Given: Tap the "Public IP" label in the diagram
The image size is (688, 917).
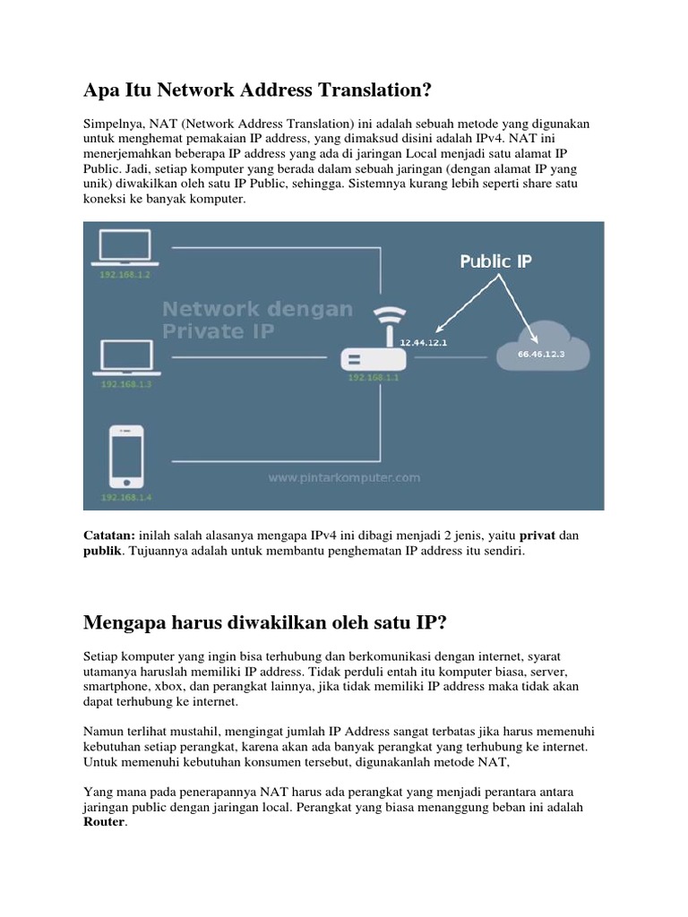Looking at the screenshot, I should click(497, 262).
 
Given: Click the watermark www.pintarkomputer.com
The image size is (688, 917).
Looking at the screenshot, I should click(344, 478).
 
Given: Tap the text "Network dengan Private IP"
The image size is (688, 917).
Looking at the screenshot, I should click(256, 320).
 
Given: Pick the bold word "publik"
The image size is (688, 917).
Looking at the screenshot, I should click(101, 552).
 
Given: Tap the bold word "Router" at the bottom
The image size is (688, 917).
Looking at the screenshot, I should click(105, 824).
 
